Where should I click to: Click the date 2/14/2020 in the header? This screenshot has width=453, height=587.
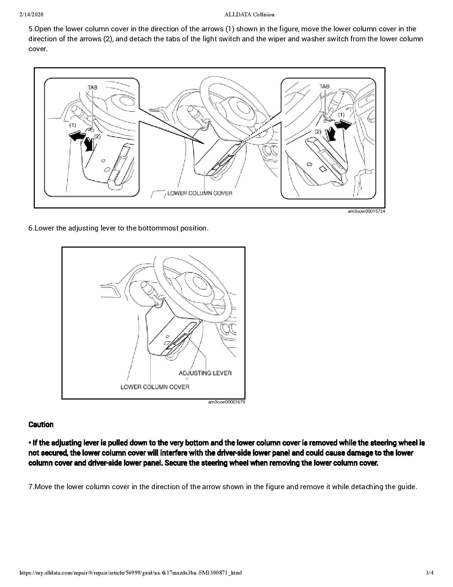tap(32, 15)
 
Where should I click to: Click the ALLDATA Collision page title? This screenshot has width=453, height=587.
tap(249, 15)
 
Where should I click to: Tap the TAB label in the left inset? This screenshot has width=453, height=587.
tap(92, 87)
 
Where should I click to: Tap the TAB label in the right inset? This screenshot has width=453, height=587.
tap(324, 86)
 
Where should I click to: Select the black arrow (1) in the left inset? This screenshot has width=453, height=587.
tap(77, 136)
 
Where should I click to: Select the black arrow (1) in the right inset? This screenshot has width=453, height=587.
tap(343, 125)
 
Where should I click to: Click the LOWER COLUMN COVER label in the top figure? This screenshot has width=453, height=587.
tap(200, 193)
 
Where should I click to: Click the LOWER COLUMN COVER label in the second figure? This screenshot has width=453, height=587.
tap(155, 387)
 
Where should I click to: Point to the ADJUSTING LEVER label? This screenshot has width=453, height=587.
tap(205, 373)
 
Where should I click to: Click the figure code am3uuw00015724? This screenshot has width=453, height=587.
tap(366, 211)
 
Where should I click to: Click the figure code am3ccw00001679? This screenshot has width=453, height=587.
tap(226, 402)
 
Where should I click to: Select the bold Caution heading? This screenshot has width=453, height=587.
tap(41, 424)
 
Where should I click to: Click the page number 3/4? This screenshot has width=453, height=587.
tap(430, 573)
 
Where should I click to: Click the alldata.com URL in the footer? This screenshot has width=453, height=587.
tap(131, 573)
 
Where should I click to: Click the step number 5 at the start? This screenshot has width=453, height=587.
tap(31, 29)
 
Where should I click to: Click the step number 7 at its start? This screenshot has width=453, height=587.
tap(31, 487)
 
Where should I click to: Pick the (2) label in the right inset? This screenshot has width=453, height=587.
tap(318, 131)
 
